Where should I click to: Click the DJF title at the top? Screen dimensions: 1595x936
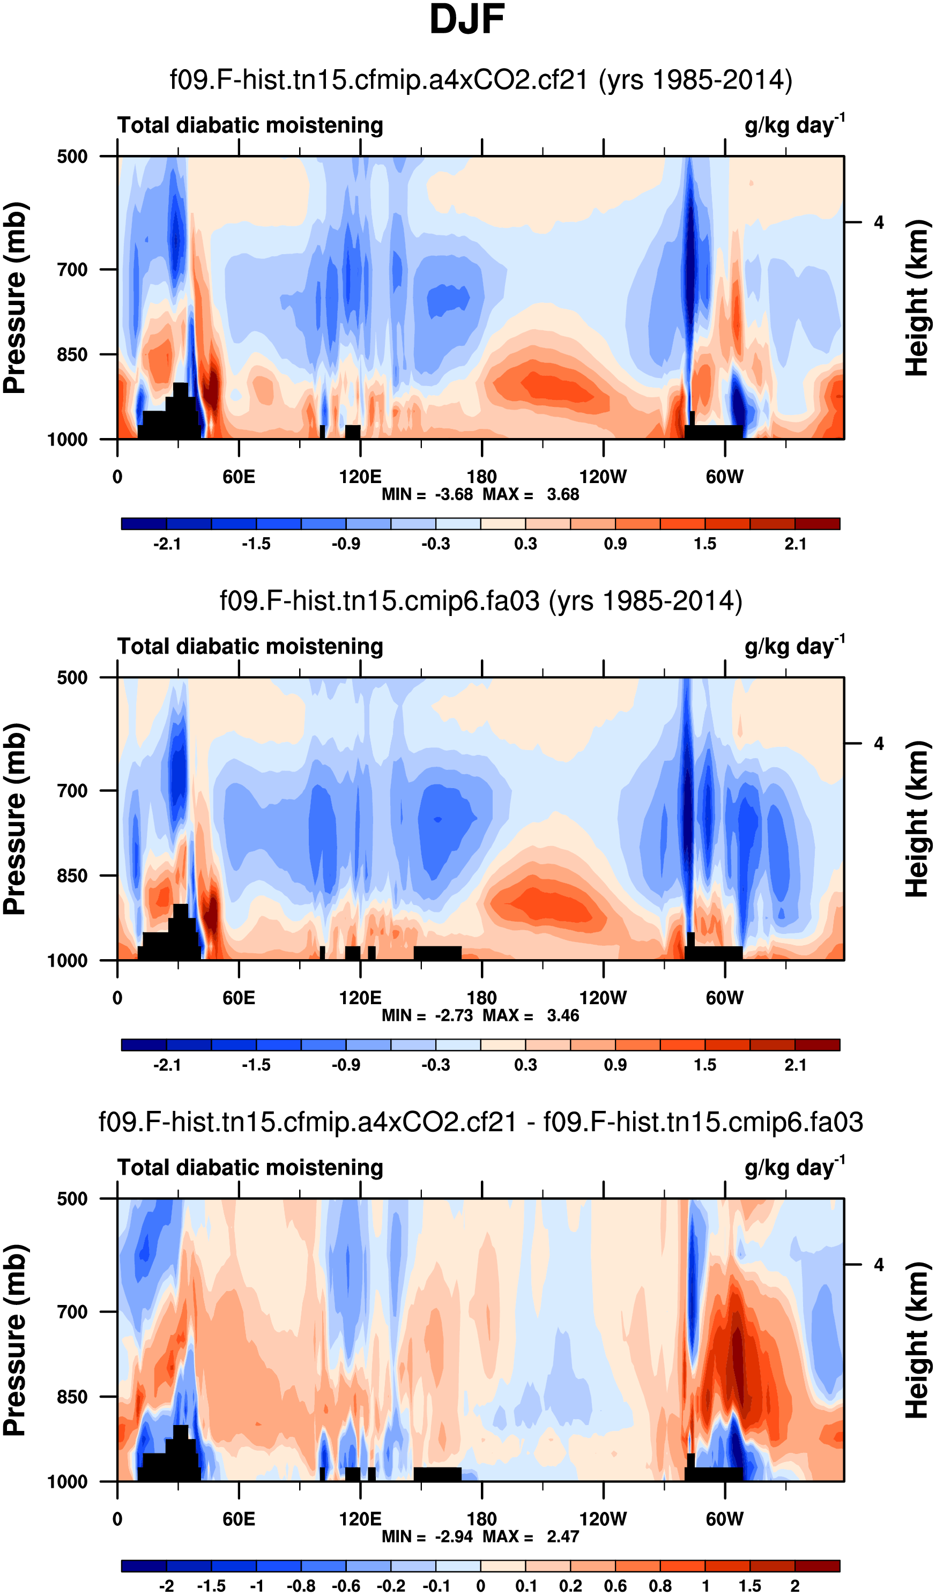click(x=467, y=20)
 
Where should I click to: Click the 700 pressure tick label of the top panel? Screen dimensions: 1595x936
click(x=72, y=270)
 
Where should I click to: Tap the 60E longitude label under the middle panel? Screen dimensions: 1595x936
click(x=239, y=998)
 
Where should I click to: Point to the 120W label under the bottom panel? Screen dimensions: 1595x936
click(x=603, y=1519)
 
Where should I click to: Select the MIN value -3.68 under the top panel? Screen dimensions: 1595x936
click(x=454, y=494)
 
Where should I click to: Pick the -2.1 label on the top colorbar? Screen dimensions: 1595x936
click(x=167, y=544)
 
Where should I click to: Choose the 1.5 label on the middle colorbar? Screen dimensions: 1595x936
click(x=705, y=1065)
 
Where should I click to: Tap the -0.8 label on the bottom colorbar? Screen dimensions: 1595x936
click(x=301, y=1585)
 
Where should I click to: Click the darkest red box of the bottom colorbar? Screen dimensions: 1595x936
click(x=817, y=1567)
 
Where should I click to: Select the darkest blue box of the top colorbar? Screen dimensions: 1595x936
click(x=144, y=523)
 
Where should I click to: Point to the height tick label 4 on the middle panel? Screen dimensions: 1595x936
click(x=879, y=743)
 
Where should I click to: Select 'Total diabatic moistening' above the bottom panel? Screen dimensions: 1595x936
click(x=250, y=1167)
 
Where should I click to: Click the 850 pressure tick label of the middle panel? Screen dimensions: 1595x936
click(x=72, y=876)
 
